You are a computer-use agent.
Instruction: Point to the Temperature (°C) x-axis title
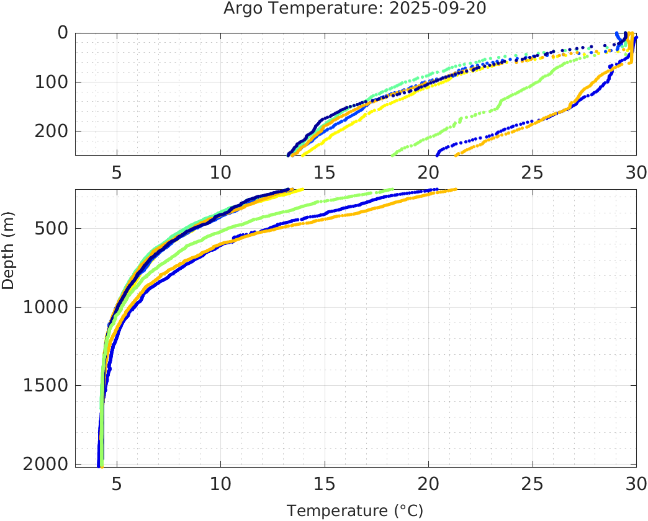(355, 511)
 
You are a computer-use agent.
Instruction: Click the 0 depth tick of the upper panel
(62, 33)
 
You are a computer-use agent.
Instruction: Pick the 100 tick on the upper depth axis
(52, 82)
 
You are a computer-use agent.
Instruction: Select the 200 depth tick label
(52, 131)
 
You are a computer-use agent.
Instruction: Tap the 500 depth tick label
(52, 228)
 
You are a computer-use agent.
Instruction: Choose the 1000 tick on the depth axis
(47, 307)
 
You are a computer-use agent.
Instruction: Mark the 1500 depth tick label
(47, 385)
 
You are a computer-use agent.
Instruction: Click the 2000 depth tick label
(47, 464)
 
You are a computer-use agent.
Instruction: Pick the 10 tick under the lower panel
(220, 482)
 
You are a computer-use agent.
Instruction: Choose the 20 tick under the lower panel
(428, 482)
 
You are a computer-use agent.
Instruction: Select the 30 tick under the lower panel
(635, 482)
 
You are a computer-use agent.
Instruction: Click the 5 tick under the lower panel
(117, 482)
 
